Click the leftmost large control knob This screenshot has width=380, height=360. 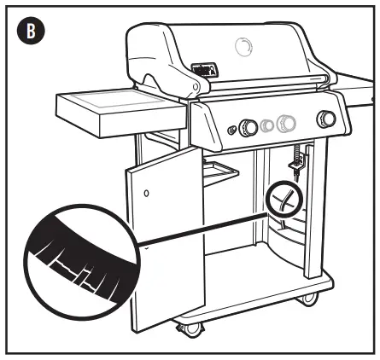(248, 127)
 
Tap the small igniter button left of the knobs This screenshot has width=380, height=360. (231, 130)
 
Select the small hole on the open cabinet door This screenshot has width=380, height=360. (146, 194)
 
